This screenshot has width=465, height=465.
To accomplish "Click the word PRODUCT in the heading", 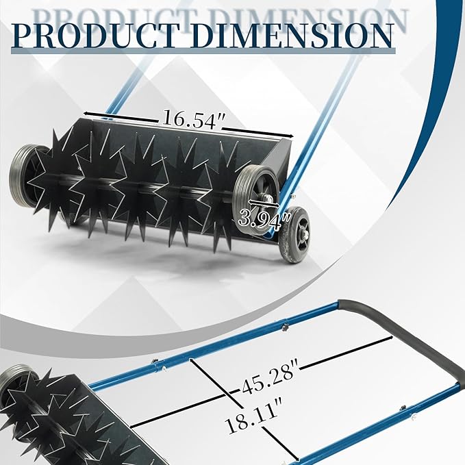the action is pyautogui.click(x=95, y=36).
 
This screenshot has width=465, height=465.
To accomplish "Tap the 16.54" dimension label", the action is pyautogui.click(x=192, y=120).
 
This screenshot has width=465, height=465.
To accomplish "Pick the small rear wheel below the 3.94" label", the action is pyautogui.click(x=294, y=235).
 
